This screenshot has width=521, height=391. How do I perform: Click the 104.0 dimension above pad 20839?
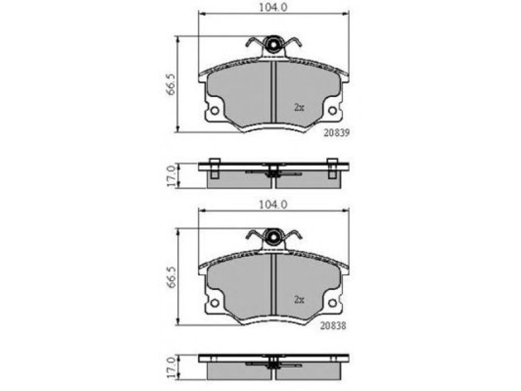[x=273, y=7]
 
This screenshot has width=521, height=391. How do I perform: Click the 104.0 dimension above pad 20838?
[x=273, y=205]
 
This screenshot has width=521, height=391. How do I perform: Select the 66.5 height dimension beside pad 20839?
[x=171, y=84]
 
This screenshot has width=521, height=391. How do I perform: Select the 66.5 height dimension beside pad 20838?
[x=171, y=276]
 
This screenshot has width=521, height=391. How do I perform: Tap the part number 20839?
[x=337, y=133]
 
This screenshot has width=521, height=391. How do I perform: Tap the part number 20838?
[x=333, y=325]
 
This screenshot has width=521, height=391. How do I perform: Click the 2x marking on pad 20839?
[x=299, y=108]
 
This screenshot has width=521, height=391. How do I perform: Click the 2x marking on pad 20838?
[x=299, y=300]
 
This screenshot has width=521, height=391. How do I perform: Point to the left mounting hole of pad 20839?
[x=215, y=110]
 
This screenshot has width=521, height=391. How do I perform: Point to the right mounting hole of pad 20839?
[x=332, y=110]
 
